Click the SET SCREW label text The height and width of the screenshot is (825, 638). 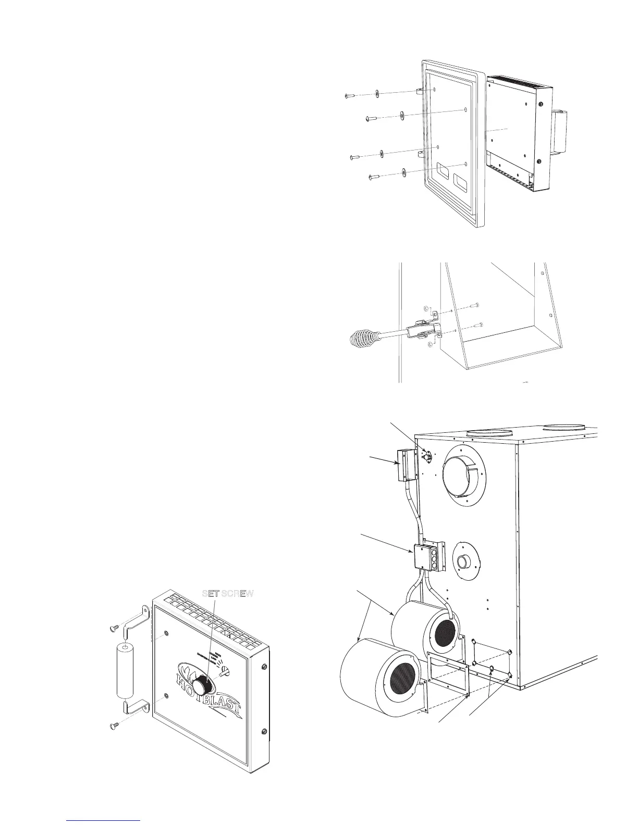pyautogui.click(x=228, y=594)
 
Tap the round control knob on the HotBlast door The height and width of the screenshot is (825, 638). pyautogui.click(x=201, y=682)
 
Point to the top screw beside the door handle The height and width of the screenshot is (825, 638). pyautogui.click(x=116, y=628)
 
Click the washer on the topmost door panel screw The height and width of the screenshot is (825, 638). pyautogui.click(x=377, y=94)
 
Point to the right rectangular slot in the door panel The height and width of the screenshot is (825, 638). pyautogui.click(x=462, y=181)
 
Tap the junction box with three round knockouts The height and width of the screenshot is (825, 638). pyautogui.click(x=432, y=559)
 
